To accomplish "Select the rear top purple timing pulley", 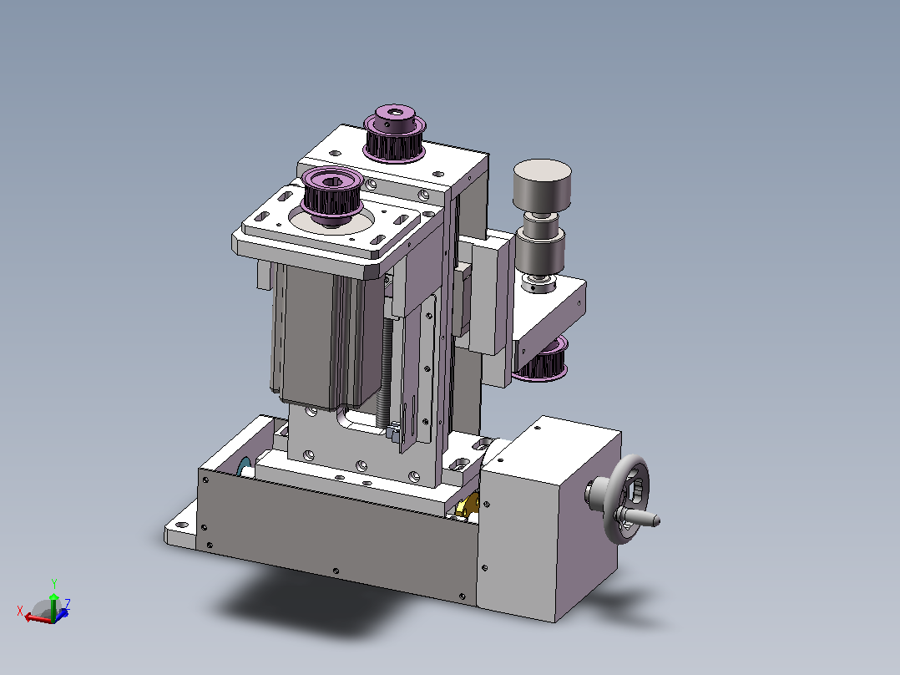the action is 395,134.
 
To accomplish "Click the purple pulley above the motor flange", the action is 332,197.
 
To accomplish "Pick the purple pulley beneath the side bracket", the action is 543,359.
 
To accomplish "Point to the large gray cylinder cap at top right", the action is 542,185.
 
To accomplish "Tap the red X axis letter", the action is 20,611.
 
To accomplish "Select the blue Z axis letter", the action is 67,603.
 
